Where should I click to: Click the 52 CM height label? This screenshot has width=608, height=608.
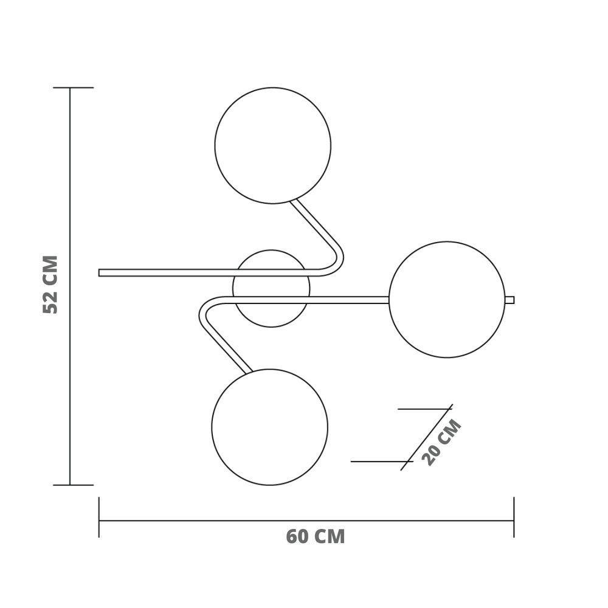(x=51, y=285)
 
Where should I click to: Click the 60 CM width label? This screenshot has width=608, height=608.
(x=315, y=537)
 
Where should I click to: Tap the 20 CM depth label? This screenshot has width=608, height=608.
(x=442, y=442)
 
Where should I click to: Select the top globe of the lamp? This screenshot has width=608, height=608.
(x=273, y=145)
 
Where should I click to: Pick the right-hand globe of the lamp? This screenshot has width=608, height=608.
(x=447, y=299)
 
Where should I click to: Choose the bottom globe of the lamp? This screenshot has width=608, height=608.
(x=270, y=427)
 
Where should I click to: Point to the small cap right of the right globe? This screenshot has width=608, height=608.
(x=510, y=300)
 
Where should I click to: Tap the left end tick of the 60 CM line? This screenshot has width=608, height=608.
(x=99, y=517)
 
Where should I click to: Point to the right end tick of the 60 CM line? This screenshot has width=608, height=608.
(x=514, y=517)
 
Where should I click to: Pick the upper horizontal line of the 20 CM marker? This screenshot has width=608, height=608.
(x=423, y=409)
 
